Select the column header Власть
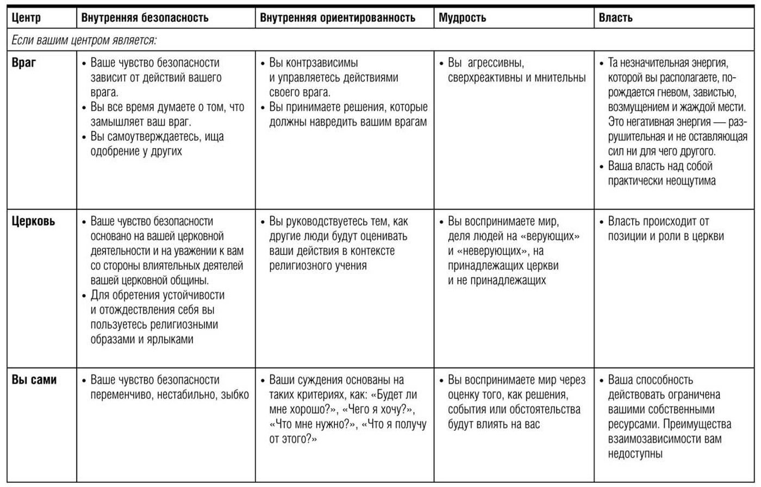pyautogui.click(x=615, y=18)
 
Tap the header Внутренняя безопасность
pyautogui.click(x=145, y=18)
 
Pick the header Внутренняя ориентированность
pyautogui.click(x=338, y=18)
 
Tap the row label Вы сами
pyautogui.click(x=34, y=380)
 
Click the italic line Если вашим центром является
pyautogui.click(x=84, y=40)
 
